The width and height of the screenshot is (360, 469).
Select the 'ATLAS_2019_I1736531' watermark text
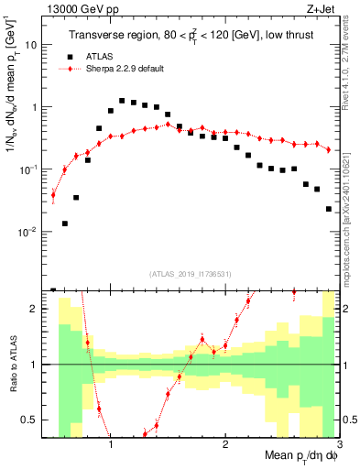[191, 275]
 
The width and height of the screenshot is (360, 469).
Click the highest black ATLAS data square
[122, 101]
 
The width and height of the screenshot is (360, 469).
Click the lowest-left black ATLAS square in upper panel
[65, 224]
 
